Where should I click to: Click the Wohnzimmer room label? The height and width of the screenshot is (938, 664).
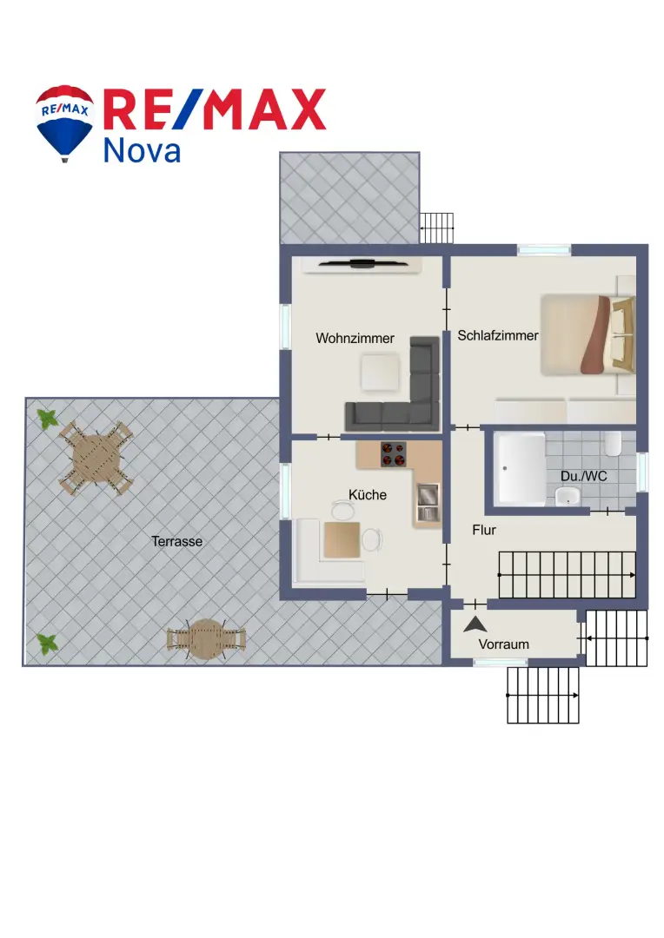(355, 339)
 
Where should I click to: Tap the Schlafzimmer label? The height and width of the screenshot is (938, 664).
(498, 335)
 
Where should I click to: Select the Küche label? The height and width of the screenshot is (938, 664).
(368, 495)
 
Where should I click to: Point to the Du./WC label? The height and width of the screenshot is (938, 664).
(584, 476)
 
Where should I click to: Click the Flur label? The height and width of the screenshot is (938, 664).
(484, 530)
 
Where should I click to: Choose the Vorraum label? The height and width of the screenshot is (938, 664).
(503, 644)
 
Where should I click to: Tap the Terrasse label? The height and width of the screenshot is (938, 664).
(176, 541)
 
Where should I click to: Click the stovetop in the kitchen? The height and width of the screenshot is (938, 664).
(394, 454)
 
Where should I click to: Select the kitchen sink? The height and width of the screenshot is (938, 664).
(428, 503)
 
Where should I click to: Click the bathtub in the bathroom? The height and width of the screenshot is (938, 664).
(519, 468)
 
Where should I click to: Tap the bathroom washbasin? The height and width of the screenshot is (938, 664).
(567, 496)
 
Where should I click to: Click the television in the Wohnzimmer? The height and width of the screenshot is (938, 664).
(363, 262)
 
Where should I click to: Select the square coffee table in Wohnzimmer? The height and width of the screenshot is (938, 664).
(380, 372)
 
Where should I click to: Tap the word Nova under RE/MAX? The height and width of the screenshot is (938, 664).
(142, 150)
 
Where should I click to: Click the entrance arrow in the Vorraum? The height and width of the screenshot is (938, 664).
(475, 624)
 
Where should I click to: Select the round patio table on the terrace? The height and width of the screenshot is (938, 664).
(206, 639)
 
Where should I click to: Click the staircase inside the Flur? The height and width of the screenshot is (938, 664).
(567, 575)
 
